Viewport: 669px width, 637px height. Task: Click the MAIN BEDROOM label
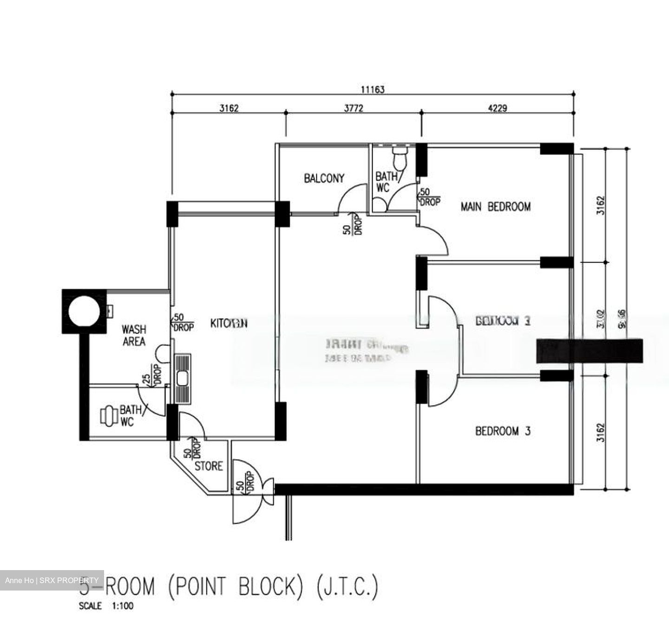tap(495, 206)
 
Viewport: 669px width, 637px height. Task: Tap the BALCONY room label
tap(324, 178)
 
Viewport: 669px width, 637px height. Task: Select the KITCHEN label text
tap(229, 323)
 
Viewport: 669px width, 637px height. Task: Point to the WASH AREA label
tap(134, 335)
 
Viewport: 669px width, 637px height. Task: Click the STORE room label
tap(209, 466)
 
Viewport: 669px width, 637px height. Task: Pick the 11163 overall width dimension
tap(373, 89)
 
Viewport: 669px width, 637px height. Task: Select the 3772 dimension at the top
tap(354, 108)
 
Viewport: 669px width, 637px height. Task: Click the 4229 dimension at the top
tap(498, 108)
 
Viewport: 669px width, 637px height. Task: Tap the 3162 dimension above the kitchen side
tap(229, 108)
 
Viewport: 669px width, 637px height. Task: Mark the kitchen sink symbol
tap(182, 378)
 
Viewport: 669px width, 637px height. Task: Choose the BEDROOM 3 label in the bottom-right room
tap(502, 431)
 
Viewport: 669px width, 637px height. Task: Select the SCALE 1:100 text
tap(106, 606)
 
